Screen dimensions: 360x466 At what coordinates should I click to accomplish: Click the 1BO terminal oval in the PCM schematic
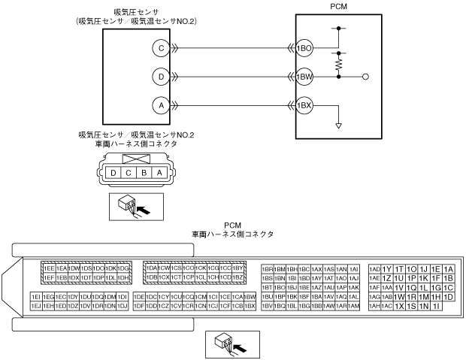pos(304,47)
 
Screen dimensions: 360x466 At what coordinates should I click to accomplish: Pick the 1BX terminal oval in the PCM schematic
pos(304,104)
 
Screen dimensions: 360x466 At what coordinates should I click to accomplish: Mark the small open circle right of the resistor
pos(365,77)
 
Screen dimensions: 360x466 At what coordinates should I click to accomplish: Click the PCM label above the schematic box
pos(340,6)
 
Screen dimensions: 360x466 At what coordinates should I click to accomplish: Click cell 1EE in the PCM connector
pos(49,268)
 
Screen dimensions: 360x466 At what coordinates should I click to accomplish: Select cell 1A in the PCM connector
pos(448,269)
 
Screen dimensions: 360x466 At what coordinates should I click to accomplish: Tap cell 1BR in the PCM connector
pos(267,269)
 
